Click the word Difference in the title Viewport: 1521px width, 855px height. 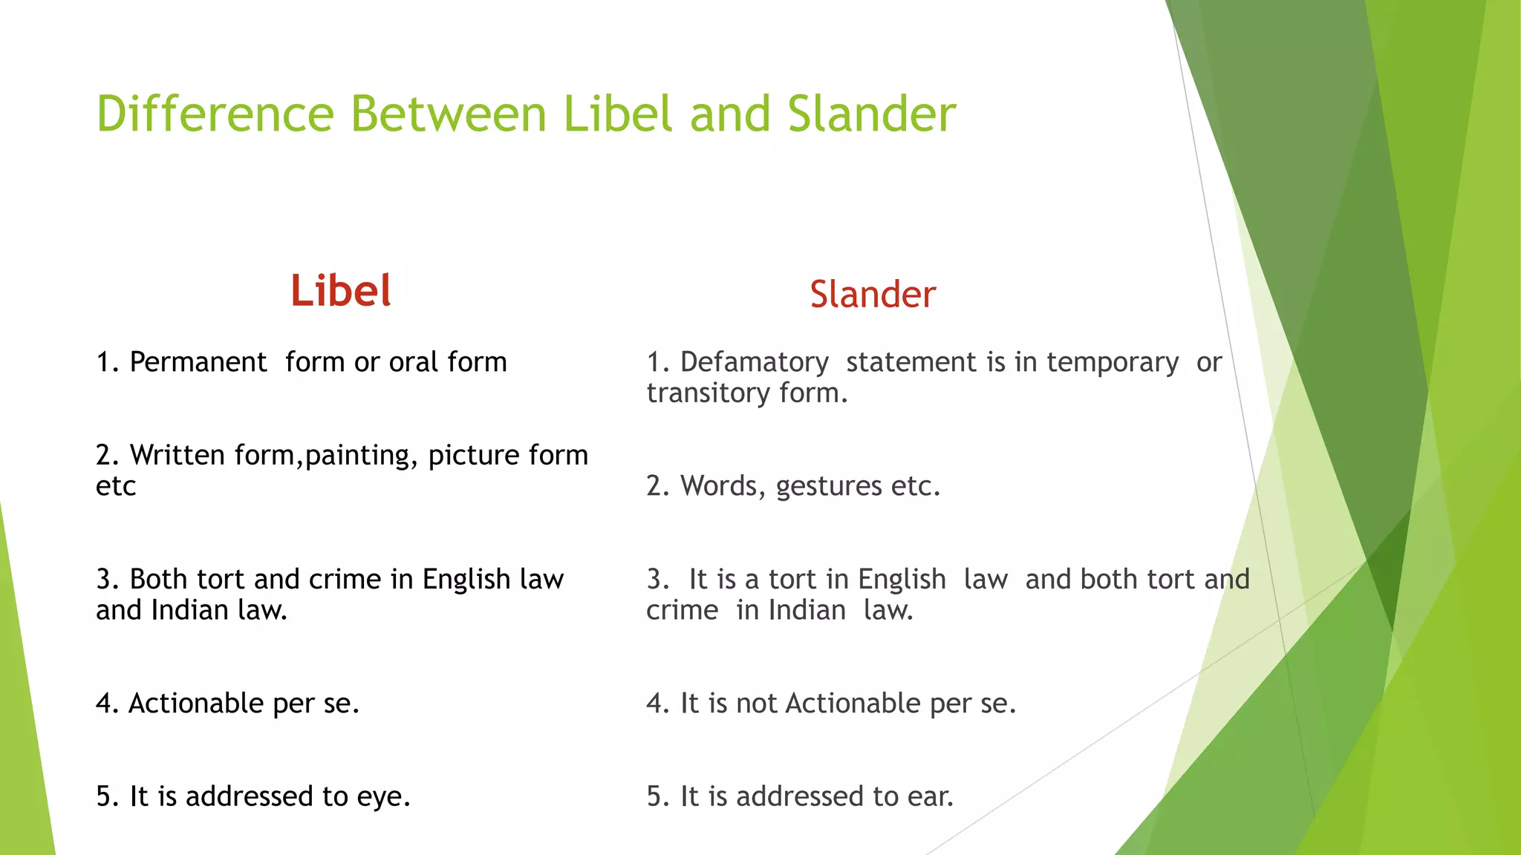215,114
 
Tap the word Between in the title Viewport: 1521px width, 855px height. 449,114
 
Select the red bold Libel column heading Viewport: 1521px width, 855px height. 341,290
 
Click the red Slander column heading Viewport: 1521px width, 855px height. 873,294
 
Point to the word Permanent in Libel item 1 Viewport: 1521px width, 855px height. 198,362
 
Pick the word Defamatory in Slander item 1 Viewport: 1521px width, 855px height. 755,362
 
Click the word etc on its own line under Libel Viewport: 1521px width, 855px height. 116,486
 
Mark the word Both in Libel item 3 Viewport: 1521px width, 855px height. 155,579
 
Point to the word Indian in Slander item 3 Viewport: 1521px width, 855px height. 807,610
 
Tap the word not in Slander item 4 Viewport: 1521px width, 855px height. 757,703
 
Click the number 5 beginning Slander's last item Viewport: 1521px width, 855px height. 654,796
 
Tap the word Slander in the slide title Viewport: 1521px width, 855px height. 872,114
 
